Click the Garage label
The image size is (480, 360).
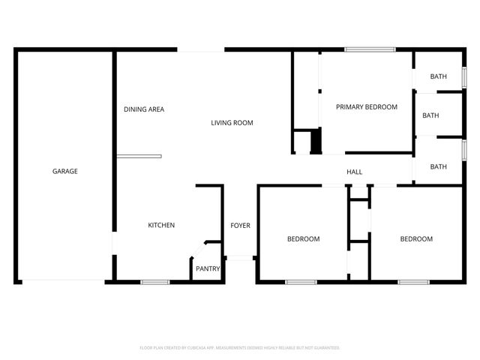(65, 171)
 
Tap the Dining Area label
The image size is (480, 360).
(144, 109)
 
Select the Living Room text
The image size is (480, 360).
(232, 123)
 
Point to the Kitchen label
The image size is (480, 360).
(161, 225)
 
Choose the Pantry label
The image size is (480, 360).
(207, 268)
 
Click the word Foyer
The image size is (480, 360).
(240, 225)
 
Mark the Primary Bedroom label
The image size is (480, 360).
(366, 107)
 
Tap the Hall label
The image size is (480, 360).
(355, 172)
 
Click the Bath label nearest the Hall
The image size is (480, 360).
(439, 166)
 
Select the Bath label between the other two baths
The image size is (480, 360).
(430, 115)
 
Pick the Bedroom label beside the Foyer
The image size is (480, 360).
(304, 239)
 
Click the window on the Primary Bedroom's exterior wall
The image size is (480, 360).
(370, 50)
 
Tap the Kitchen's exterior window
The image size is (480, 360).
(155, 282)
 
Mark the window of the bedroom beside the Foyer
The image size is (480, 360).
(301, 282)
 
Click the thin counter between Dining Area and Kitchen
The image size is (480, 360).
(139, 156)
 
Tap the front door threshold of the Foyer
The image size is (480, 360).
(239, 259)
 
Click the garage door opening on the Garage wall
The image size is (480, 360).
(63, 282)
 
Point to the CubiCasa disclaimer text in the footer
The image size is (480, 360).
(240, 348)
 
